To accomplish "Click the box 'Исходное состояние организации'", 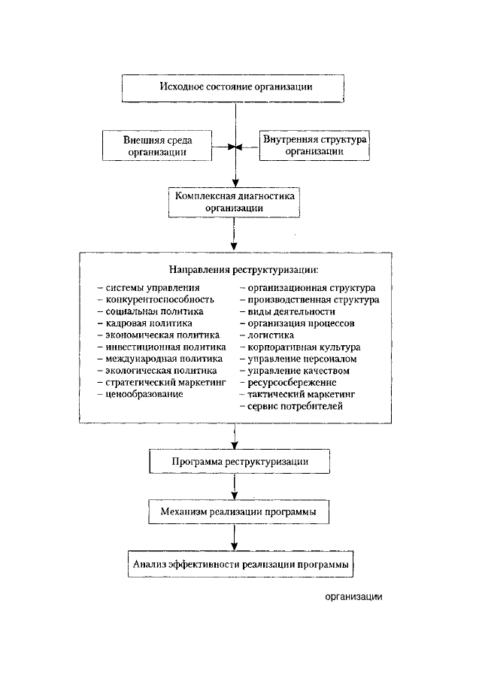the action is point(233,89).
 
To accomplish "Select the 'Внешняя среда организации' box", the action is point(157,146).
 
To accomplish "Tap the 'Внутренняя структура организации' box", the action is point(314,146).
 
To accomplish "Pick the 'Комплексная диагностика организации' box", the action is point(234,202).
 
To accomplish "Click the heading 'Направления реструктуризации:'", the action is point(244,270).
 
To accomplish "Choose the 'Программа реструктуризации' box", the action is point(239,461).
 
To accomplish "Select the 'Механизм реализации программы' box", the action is point(239,512).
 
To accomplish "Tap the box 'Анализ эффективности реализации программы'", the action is point(241,564).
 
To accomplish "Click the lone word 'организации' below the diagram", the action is point(353,597).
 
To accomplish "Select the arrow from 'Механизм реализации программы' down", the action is point(234,537).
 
